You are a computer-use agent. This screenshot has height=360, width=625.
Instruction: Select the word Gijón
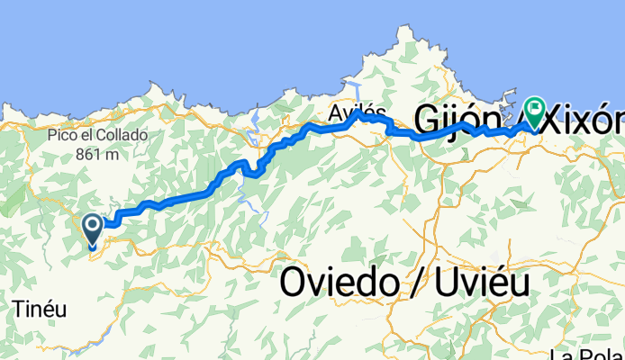coord(457,117)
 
